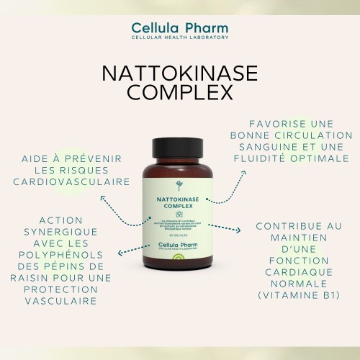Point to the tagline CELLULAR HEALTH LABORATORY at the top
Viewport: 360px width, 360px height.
point(180,37)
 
